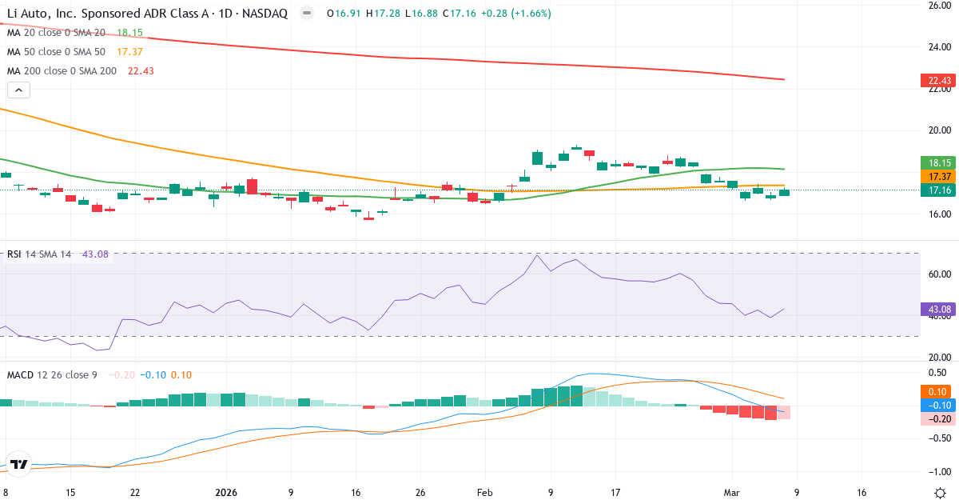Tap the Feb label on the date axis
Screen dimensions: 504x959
[x=484, y=493]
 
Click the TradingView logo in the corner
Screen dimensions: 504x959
[x=19, y=464]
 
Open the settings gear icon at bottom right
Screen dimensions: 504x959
[x=940, y=493]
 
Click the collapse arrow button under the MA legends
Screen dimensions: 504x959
[x=18, y=90]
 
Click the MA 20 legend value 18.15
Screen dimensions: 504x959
[x=129, y=33]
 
